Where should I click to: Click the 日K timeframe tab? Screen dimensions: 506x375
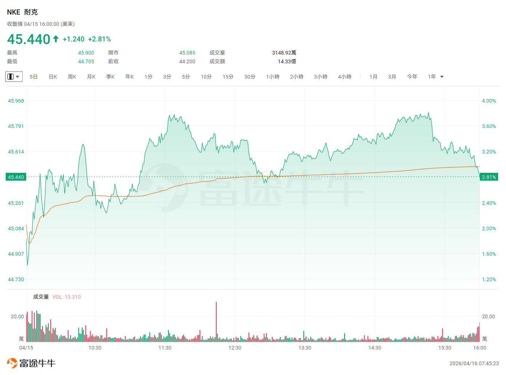point(53,77)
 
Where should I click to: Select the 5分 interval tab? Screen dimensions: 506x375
point(186,77)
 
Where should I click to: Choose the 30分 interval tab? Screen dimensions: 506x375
point(250,77)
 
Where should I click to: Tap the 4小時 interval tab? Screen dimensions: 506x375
point(345,77)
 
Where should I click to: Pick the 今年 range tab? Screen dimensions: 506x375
point(412,77)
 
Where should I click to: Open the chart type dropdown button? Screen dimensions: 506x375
point(14,76)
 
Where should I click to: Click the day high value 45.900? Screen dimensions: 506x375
point(86,53)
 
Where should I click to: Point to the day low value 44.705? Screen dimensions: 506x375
point(86,61)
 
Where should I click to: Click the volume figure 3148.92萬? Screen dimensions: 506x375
point(284,53)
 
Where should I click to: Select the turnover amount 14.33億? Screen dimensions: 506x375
point(287,61)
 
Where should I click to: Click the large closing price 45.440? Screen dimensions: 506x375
point(28,39)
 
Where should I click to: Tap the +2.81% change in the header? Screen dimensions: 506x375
point(100,39)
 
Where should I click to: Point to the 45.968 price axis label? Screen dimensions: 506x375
point(16,101)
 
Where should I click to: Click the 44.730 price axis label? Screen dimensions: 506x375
point(16,279)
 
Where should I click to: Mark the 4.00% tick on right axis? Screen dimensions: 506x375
point(489,101)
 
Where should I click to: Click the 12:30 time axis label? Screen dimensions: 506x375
point(235,348)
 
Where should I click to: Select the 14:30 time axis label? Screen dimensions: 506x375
point(375,348)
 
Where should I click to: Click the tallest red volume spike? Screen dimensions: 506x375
point(216,322)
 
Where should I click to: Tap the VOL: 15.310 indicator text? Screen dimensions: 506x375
point(67,297)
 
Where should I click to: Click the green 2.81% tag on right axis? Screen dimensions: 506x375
point(489,177)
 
